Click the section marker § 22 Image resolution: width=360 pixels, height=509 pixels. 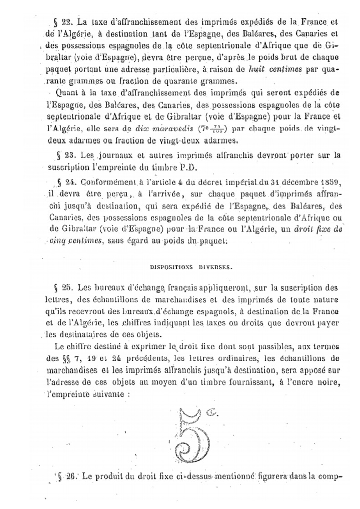(x=66, y=21)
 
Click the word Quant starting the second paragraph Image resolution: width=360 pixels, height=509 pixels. (x=69, y=93)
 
